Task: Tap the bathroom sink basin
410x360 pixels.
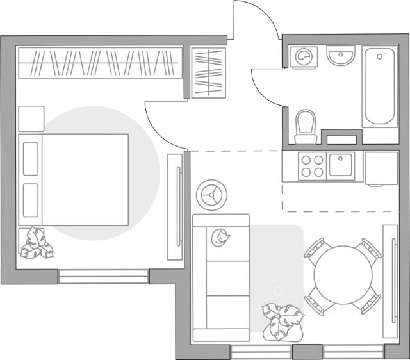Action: click(x=340, y=56)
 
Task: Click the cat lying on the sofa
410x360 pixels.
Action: click(x=222, y=238)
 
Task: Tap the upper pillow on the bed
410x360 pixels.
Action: click(x=31, y=158)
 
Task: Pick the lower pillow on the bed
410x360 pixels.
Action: click(x=31, y=200)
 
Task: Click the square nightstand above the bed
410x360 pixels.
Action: click(x=31, y=119)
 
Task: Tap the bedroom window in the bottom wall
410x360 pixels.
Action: click(x=103, y=277)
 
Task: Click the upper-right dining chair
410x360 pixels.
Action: click(x=370, y=249)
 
